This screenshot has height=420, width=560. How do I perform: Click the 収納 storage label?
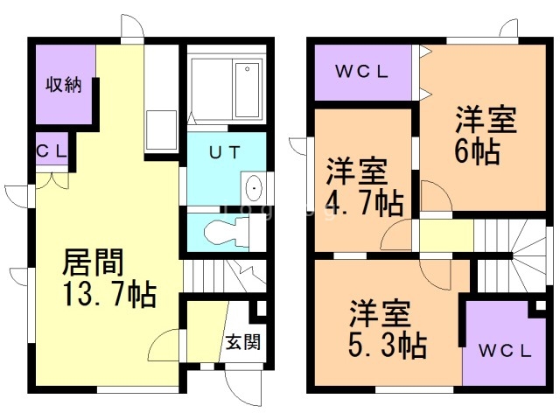click(64, 86)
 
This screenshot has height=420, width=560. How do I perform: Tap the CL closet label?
click(52, 151)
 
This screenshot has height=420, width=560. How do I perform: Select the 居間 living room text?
click(93, 262)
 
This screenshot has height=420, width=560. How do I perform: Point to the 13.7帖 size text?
click(109, 295)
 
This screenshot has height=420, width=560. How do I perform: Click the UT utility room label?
click(225, 152)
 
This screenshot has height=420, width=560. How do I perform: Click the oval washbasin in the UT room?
click(254, 188)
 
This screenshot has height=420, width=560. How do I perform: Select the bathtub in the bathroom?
click(247, 89)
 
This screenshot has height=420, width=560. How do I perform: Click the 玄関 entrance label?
click(243, 342)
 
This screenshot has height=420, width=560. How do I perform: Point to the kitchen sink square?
click(161, 130)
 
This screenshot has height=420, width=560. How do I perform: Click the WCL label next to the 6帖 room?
click(361, 73)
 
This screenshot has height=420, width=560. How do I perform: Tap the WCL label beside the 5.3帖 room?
click(505, 351)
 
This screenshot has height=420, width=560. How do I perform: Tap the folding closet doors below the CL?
click(52, 181)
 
